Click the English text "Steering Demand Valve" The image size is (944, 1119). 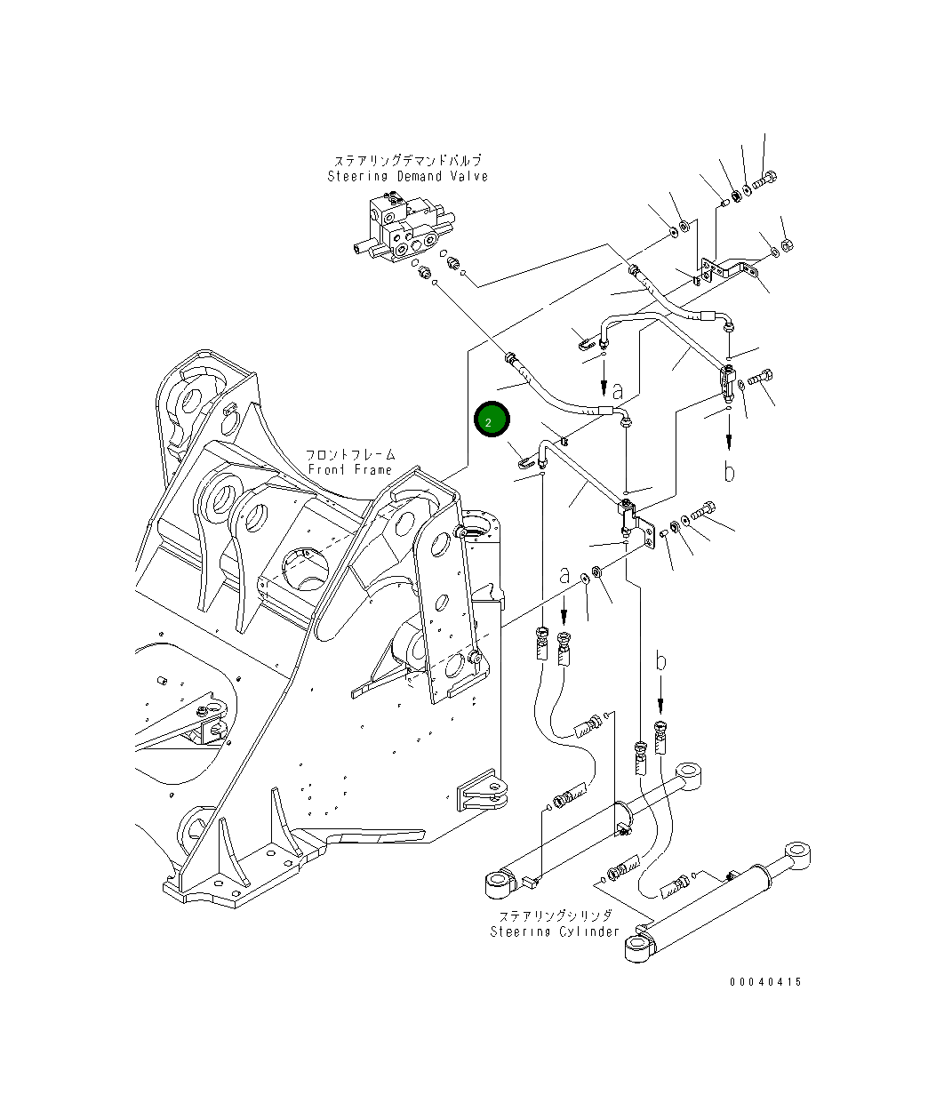tap(407, 177)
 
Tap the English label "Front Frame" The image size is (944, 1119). tap(349, 469)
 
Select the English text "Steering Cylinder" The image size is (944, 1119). tap(555, 931)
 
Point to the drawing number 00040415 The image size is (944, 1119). tap(765, 982)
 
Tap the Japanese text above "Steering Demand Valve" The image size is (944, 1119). tap(408, 161)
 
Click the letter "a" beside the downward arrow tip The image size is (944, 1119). tap(617, 389)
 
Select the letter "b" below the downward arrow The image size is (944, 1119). tap(729, 472)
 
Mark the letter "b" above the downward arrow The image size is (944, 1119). tap(660, 661)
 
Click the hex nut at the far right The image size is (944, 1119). tap(788, 244)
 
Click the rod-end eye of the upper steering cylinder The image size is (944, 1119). tap(690, 772)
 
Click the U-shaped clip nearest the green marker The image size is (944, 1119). tap(525, 460)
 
